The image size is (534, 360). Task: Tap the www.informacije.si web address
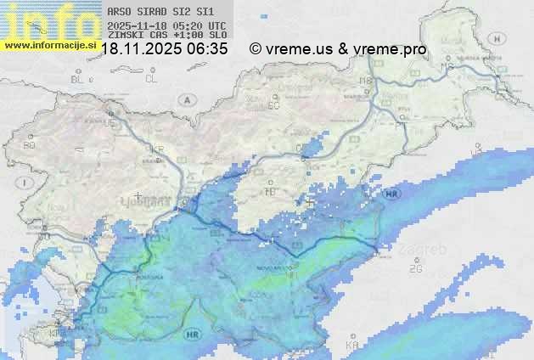(50, 44)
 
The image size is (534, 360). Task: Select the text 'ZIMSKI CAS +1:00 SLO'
(166, 36)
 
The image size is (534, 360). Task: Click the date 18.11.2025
(142, 49)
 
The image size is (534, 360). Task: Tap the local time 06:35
(208, 49)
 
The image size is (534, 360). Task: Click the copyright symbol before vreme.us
(255, 49)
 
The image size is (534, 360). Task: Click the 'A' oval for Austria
(186, 99)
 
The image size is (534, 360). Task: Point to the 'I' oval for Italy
(26, 183)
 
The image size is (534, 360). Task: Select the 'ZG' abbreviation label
(415, 269)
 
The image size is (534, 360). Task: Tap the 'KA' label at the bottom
(352, 345)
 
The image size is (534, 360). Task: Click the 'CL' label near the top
(151, 79)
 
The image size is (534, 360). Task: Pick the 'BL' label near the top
(78, 79)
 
